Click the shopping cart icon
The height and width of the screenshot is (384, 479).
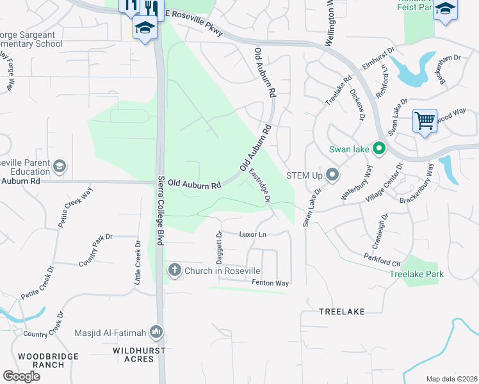pos(425,120)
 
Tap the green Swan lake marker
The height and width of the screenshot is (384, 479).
pos(378,149)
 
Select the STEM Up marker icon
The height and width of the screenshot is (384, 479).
pos(332,174)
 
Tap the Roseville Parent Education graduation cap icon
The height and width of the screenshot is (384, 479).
pos(60,167)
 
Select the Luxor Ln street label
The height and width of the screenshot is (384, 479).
pos(252,235)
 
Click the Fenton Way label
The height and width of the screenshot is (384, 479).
pos(271,283)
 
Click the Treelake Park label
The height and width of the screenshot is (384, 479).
pos(417,274)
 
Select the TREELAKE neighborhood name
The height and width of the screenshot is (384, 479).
pos(342,312)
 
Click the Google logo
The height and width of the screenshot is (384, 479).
pos(21,376)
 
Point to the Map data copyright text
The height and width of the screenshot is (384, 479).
pos(451,379)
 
